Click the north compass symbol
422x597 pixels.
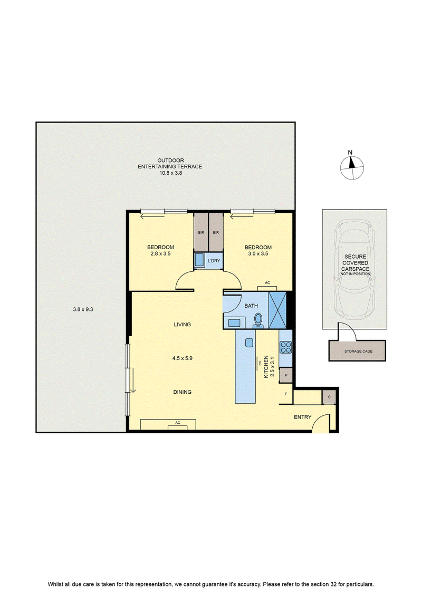pos(352,167)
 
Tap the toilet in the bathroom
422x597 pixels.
pos(258,320)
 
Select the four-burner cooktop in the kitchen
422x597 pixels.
pos(285,347)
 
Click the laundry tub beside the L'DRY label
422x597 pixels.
pos(199,260)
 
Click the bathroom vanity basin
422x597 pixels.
pos(234,323)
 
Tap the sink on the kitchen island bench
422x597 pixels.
pos(249,343)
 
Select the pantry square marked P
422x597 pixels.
pos(286,375)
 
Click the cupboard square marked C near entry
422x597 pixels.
pos(329,397)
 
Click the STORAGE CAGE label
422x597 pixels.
pos(359,351)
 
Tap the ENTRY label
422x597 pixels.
pos(302,417)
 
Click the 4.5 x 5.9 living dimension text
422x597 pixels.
pos(183,358)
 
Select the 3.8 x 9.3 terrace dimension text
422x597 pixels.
pos(83,309)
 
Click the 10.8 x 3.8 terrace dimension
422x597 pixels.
pos(170,173)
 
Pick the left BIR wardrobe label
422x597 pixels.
pos(201,233)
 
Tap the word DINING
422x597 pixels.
pos(183,392)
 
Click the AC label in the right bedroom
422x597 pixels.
pos(267,282)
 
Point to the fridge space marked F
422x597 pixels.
pos(286,394)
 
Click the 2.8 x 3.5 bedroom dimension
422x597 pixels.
pos(160,253)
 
